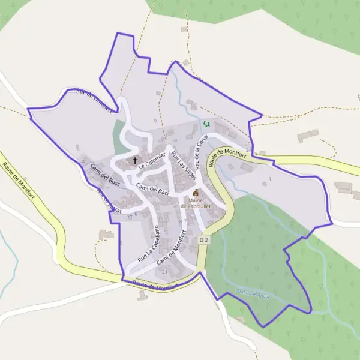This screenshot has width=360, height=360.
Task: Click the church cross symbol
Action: [x=135, y=160]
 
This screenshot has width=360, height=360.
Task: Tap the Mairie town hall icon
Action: [x=196, y=193]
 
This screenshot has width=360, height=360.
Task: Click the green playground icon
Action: [x=206, y=124]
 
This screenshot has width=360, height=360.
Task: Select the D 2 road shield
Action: [x=204, y=240]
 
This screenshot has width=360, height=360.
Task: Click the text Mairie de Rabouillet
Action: [x=196, y=203]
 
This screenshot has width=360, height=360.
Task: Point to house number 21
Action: [x=164, y=272]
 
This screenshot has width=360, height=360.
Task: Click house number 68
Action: [x=124, y=200]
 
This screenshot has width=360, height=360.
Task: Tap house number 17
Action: [x=130, y=217]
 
